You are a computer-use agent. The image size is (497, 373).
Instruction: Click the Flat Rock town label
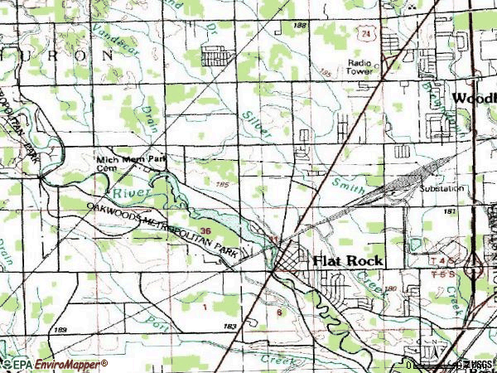348,260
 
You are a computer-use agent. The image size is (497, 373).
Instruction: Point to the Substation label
442,189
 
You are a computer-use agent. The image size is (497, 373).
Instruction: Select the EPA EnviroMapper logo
55,365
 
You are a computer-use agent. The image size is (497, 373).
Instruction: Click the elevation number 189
60,331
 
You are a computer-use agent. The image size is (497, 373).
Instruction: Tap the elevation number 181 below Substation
450,212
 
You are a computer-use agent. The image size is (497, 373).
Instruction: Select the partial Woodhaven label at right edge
475,98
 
